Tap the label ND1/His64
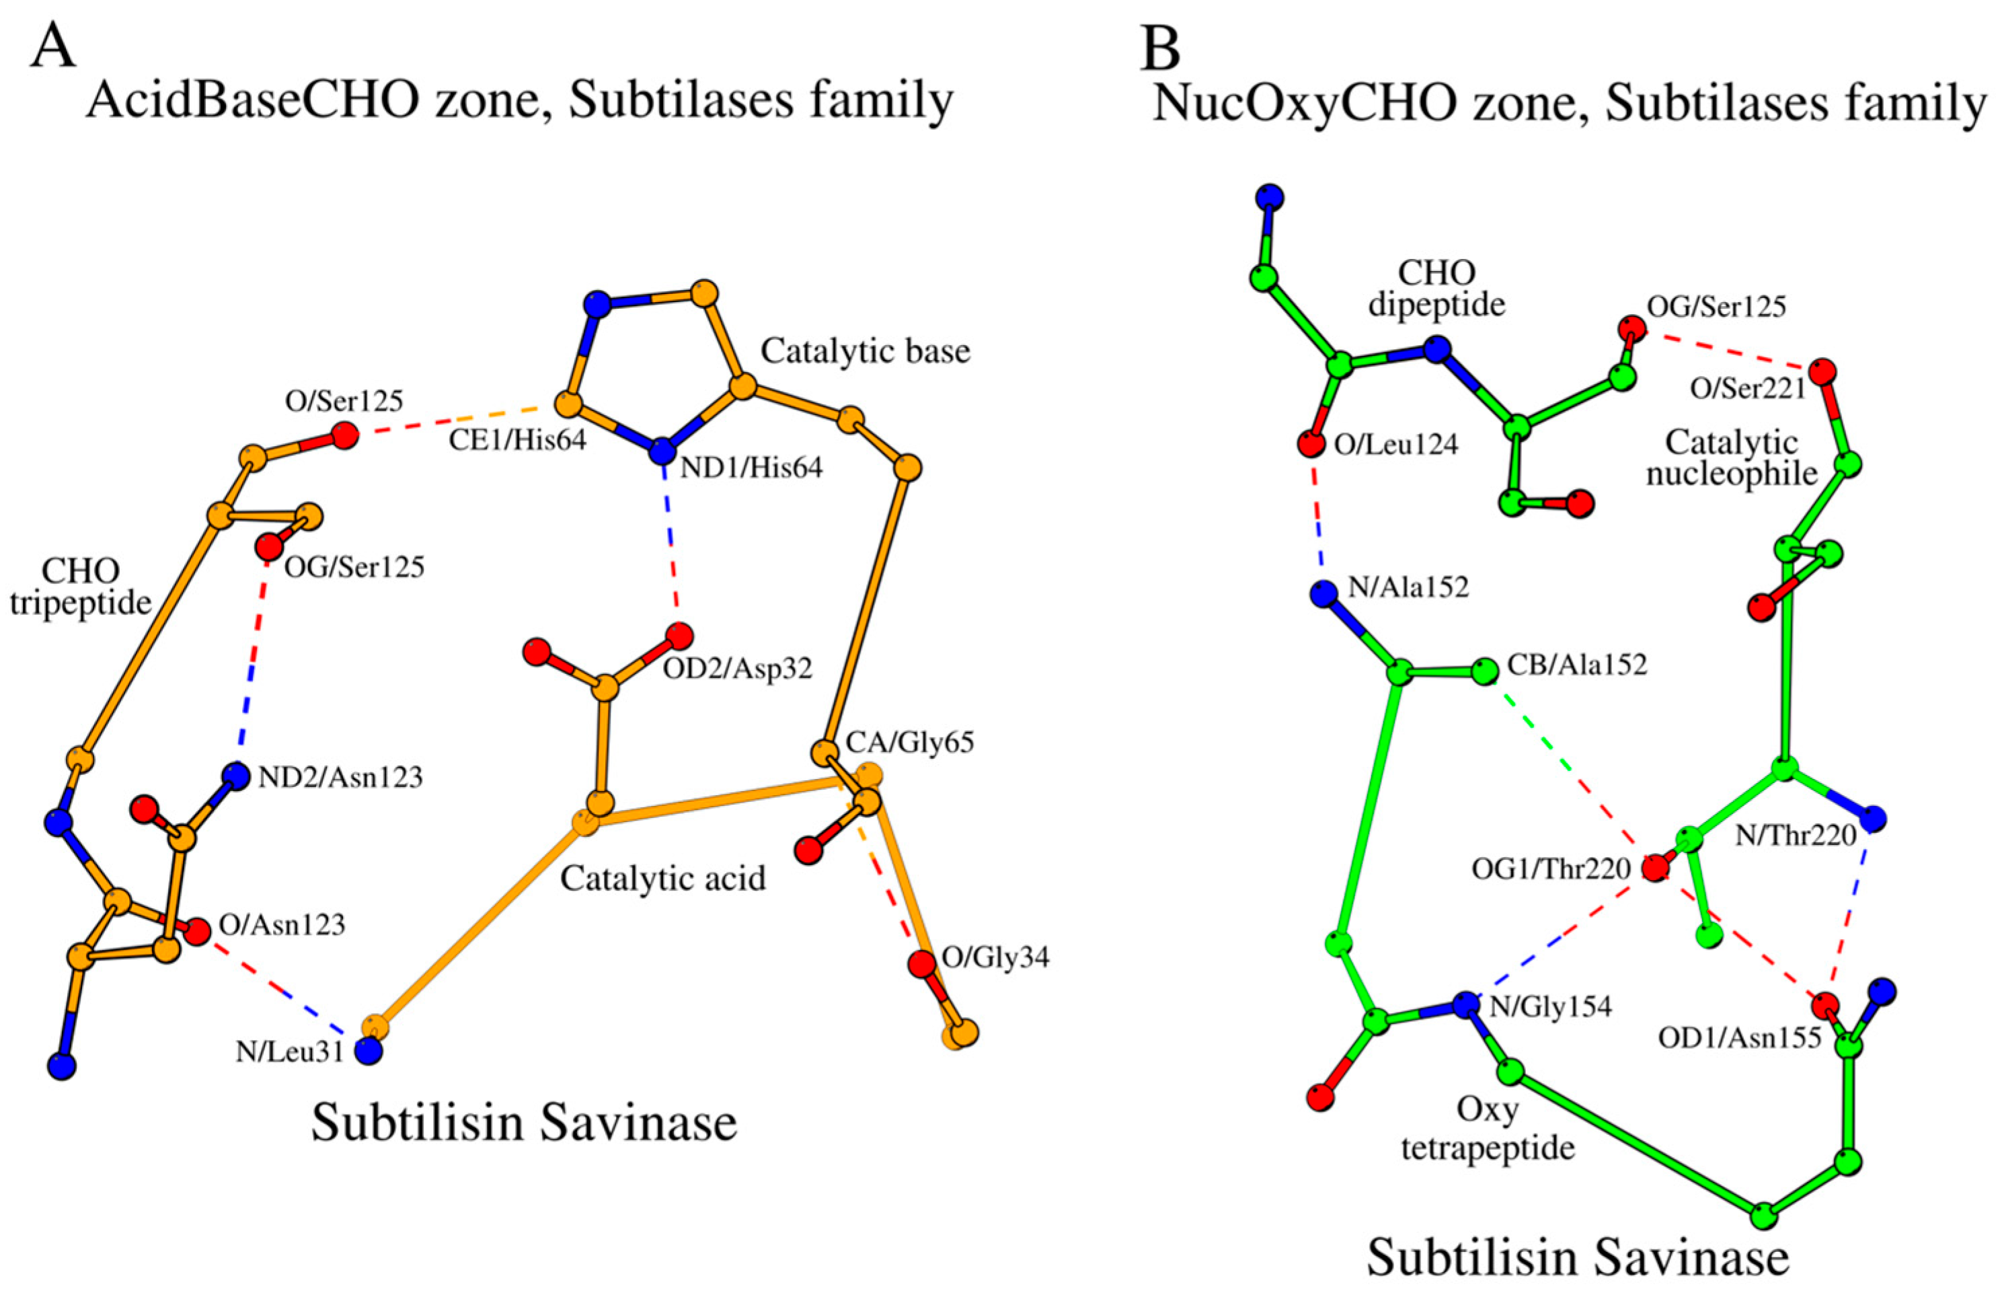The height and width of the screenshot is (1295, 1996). pos(751,468)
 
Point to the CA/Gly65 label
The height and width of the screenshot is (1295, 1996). pos(910,742)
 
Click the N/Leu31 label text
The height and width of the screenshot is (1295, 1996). pos(289,1051)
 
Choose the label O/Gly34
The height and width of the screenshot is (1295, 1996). pos(995,957)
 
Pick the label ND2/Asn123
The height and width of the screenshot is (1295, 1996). pos(340,778)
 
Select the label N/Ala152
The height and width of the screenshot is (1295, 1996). pos(1409,587)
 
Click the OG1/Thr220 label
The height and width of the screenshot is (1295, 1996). pos(1551,869)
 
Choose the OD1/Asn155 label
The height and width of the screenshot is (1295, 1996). pos(1740,1038)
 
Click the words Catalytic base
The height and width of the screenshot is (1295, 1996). pos(865,350)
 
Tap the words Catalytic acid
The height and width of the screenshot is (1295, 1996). pos(662,878)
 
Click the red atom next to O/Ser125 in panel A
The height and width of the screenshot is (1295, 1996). pos(343,435)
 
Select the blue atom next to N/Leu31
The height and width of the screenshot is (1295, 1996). pos(368,1050)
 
